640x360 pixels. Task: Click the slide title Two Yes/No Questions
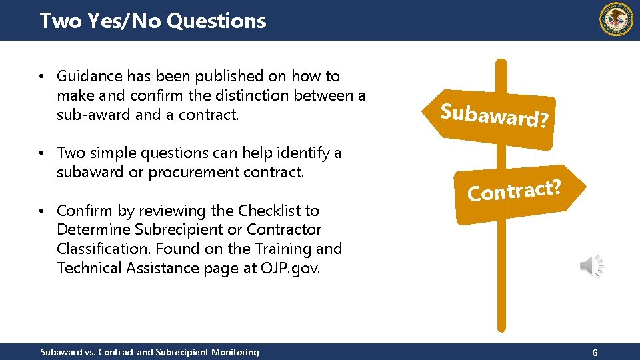click(153, 21)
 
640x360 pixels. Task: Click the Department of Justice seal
click(616, 19)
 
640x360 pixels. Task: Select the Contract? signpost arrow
click(513, 194)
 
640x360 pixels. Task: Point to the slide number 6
click(595, 351)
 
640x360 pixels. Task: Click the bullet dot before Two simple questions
click(42, 153)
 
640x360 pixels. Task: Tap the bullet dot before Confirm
click(42, 211)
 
